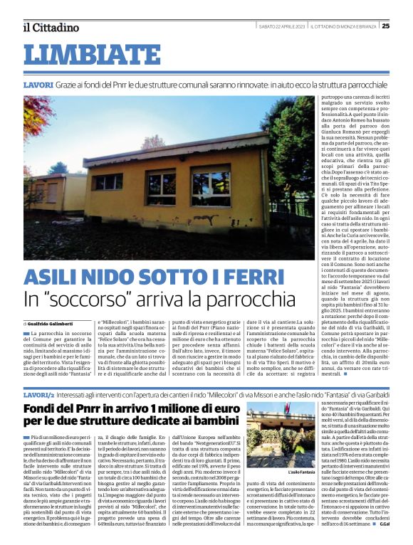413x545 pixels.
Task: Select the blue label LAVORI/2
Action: click(38, 393)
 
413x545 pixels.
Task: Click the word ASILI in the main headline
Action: click(53, 279)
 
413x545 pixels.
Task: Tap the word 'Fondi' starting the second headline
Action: click(40, 409)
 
